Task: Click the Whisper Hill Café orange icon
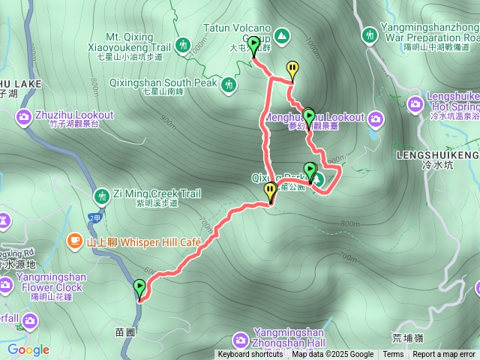coord(74,241)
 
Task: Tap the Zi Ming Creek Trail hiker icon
coord(101,196)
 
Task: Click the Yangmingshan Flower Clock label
coord(49,282)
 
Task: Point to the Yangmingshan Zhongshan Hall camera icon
coord(240,338)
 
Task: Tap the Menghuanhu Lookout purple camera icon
coord(375,118)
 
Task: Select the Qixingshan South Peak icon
coord(229,85)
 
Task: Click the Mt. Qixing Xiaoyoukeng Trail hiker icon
coord(183,45)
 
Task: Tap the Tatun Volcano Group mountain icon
coord(281,34)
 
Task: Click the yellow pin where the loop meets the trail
coord(269,193)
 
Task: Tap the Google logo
coord(28,349)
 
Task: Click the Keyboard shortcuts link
coord(250,355)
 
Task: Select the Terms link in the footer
coord(393,355)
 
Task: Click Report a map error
coord(444,355)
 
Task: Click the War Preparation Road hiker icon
coord(369,34)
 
